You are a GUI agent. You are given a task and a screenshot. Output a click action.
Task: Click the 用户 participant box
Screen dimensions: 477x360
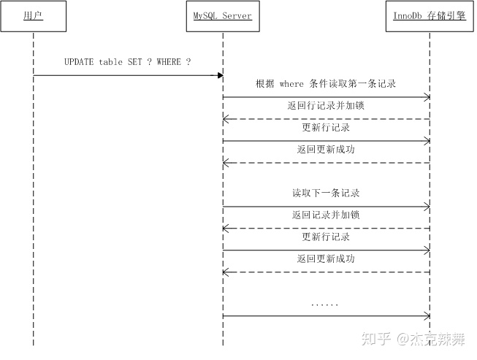(x=33, y=15)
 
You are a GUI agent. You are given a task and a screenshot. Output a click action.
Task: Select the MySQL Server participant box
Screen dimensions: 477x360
(x=223, y=15)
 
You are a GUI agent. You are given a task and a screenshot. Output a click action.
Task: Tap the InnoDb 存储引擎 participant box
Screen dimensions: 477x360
(x=429, y=15)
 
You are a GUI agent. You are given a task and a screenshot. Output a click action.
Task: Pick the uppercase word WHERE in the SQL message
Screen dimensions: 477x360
(x=168, y=62)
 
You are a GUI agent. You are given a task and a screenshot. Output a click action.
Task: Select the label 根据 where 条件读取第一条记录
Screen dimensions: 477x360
(x=326, y=84)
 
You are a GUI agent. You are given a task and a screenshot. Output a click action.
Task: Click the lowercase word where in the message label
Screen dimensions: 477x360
(x=291, y=84)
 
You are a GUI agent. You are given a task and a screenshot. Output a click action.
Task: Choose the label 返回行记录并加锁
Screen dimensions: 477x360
(x=326, y=106)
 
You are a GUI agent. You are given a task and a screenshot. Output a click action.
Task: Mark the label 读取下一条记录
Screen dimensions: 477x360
(x=326, y=194)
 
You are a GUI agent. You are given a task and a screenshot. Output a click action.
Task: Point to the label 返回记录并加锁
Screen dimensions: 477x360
(x=326, y=215)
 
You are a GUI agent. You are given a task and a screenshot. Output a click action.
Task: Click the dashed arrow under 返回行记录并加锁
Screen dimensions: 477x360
(x=326, y=119)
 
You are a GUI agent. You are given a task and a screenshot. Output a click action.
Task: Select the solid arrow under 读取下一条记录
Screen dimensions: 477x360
(x=326, y=207)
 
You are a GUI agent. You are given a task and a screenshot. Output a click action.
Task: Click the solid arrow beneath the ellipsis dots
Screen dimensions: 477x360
(x=326, y=316)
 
